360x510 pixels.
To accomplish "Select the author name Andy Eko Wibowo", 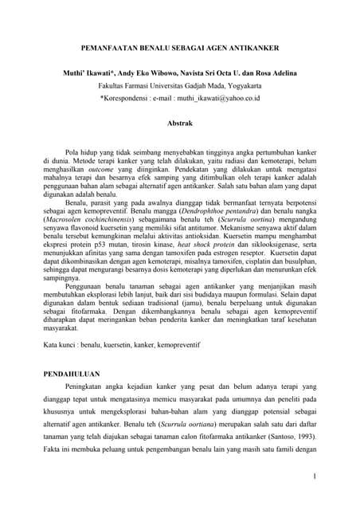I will point(147,73).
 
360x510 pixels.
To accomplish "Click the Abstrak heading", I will point(180,124).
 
